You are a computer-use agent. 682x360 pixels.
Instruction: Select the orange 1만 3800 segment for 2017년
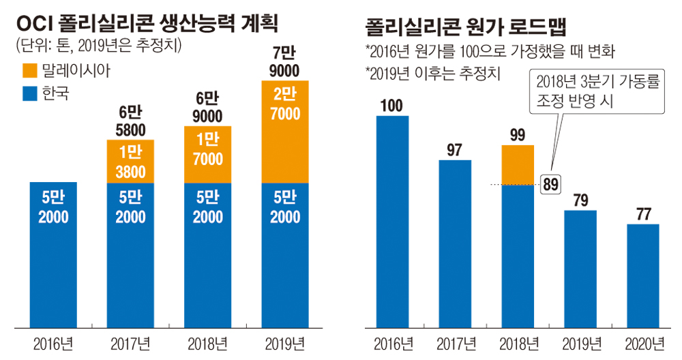coord(130,162)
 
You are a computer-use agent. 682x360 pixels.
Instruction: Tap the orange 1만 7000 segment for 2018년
coord(207,155)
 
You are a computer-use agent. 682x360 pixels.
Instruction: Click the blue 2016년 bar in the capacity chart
coord(54,252)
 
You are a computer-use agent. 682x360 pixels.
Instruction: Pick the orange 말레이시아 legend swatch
coord(30,70)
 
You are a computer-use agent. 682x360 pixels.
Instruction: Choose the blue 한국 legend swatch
coord(30,93)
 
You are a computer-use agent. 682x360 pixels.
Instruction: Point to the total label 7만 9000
coord(284,63)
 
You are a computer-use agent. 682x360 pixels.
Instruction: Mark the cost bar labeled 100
coord(392,218)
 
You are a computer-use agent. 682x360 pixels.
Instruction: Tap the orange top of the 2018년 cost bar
coord(517,164)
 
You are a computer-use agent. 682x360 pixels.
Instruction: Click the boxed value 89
coord(551,183)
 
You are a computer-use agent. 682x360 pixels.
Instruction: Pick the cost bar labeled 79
coord(580,266)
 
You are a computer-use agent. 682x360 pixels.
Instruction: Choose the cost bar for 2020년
coord(643,273)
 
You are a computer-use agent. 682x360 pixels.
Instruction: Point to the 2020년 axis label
coord(643,342)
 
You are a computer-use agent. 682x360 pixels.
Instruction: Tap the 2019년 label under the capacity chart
coord(284,342)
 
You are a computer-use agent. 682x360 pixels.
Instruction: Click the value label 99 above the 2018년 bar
coord(517,134)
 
